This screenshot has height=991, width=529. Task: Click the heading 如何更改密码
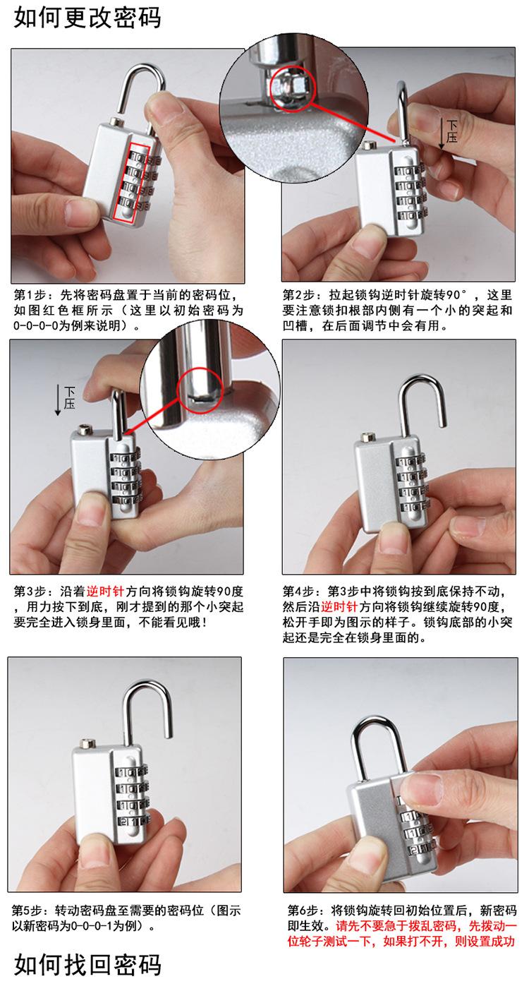coord(87,18)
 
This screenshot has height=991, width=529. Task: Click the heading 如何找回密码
coord(87,964)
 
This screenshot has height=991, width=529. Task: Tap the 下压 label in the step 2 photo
coord(451,131)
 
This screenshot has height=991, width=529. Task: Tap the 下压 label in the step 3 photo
coord(69,397)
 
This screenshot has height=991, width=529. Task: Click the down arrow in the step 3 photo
coord(57,400)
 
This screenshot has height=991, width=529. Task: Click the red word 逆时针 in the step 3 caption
coord(104,591)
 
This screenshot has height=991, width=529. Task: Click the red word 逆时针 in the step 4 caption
coord(339,606)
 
